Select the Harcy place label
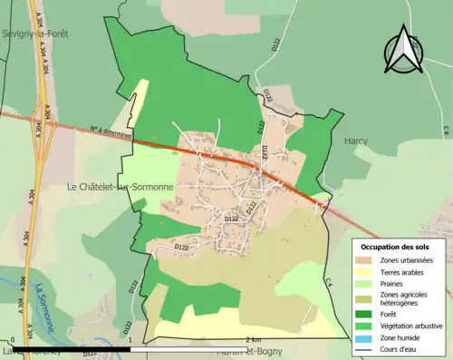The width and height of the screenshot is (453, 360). [356, 141]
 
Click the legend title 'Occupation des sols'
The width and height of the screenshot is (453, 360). [396, 247]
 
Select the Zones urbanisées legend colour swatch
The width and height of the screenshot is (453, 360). [367, 260]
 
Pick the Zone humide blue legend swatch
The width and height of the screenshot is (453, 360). [367, 336]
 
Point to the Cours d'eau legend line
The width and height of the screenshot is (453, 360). [367, 346]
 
